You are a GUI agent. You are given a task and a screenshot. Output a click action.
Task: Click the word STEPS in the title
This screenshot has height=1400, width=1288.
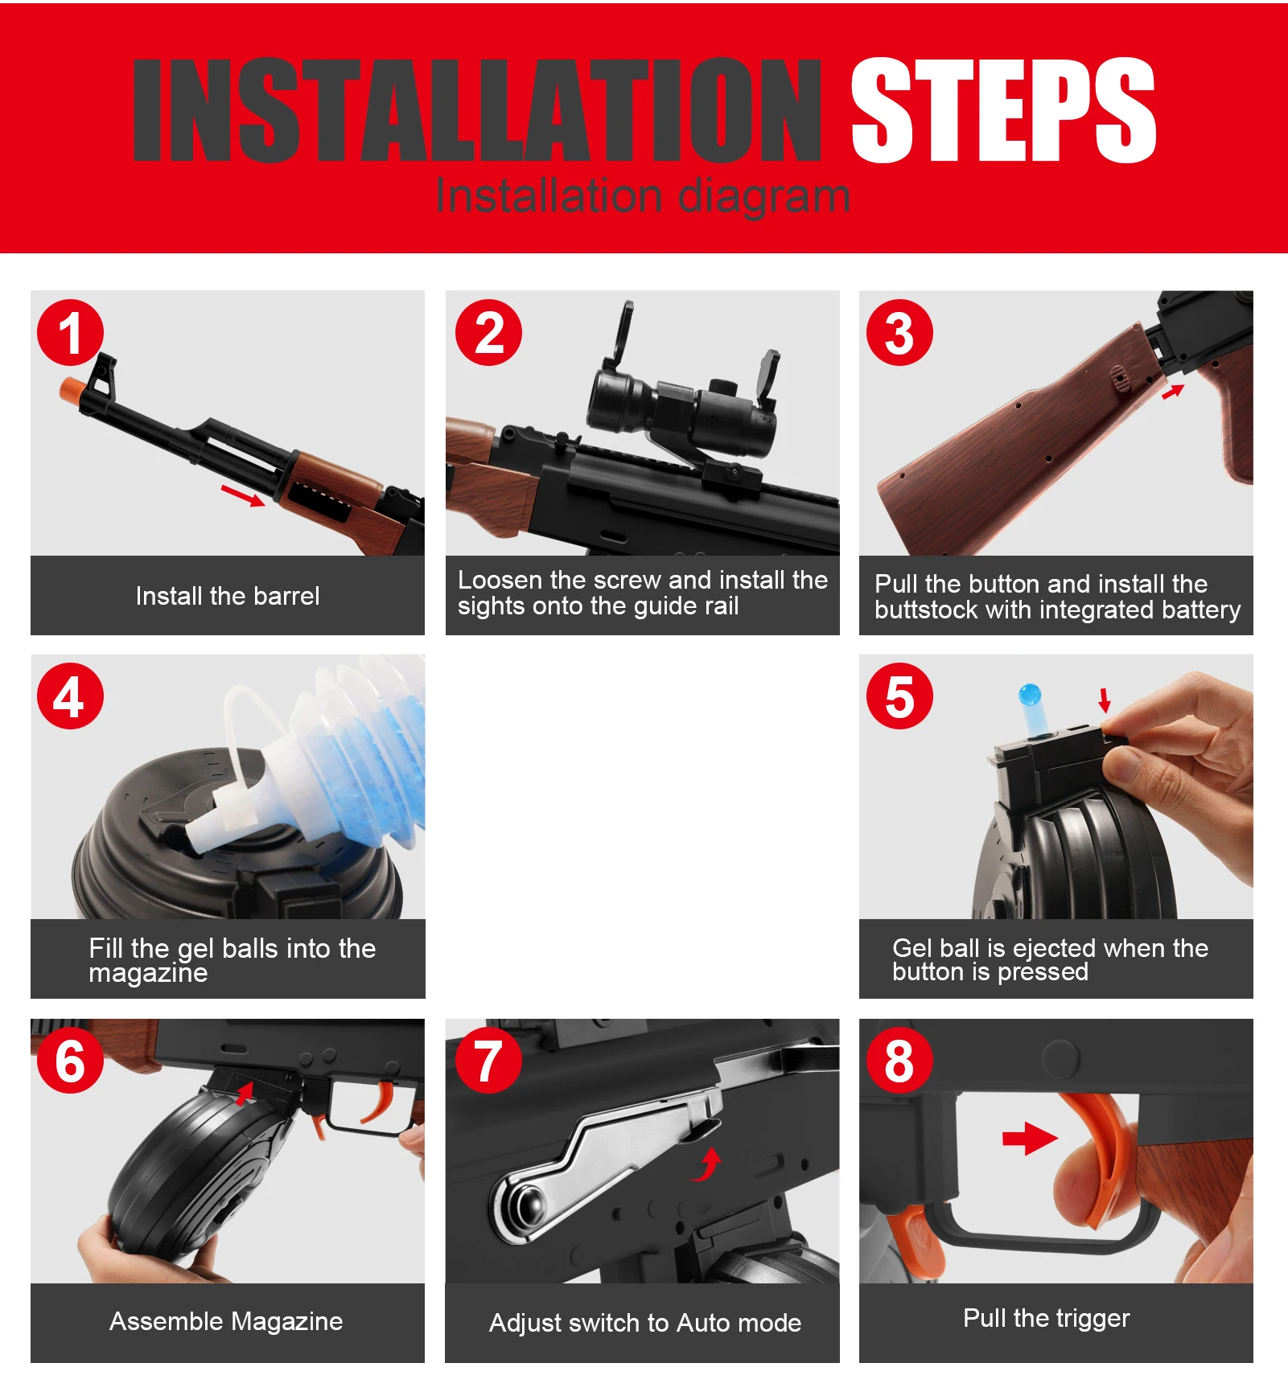pos(1003,110)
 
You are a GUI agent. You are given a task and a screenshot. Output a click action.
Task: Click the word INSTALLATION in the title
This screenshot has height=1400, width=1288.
pos(477,110)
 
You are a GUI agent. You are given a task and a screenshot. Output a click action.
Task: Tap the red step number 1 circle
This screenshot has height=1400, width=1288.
pos(71,333)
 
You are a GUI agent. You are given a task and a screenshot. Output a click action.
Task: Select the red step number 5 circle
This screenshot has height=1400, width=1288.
pos(899,696)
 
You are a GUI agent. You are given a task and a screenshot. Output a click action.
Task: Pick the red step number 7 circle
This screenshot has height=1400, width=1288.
pos(488,1060)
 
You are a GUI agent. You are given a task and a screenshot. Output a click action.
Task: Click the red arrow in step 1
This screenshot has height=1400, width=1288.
pos(243,495)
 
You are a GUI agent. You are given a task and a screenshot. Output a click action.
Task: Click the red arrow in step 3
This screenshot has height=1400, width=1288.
pos(1173,392)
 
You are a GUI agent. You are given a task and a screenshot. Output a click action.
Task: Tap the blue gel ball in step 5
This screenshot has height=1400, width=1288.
pos(1030,695)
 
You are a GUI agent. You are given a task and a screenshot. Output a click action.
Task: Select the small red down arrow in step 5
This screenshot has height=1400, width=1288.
pos(1105,700)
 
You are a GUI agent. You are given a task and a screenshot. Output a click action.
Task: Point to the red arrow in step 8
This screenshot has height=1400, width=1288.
pos(1030,1138)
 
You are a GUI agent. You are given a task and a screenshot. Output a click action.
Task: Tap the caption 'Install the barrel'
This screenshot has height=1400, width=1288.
pos(228,596)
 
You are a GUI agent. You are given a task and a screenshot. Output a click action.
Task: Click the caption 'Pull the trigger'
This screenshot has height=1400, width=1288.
pos(1047,1318)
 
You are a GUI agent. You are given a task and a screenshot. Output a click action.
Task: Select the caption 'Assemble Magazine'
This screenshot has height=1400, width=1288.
pos(226,1321)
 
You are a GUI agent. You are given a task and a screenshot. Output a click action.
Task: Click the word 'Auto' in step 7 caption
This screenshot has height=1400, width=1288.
pos(703,1323)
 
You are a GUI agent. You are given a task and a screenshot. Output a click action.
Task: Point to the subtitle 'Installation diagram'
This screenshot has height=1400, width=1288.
pos(643,195)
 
